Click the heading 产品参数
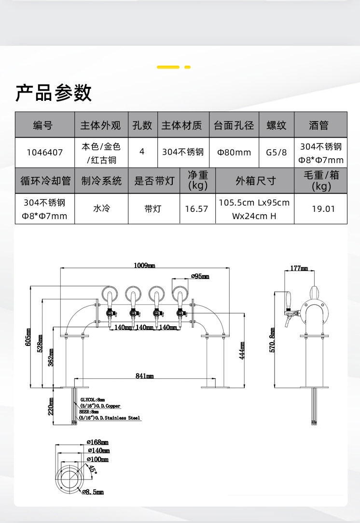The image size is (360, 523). coord(54,92)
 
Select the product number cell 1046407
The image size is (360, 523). coord(45,152)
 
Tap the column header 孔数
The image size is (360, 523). coord(142,125)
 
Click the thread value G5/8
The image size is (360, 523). coord(276,152)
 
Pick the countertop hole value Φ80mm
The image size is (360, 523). coord(234,152)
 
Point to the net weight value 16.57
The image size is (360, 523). coord(196,209)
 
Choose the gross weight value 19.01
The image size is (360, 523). coord(323,209)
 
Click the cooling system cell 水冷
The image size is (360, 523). coord(101,209)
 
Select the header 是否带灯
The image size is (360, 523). coord(154,181)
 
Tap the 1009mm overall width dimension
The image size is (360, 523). coord(144,265)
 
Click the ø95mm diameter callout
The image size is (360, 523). coord(200,276)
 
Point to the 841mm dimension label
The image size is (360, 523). coord(144,376)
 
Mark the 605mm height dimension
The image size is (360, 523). coord(28,337)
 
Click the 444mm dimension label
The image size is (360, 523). coord(242,351)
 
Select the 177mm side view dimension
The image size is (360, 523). coord(299,268)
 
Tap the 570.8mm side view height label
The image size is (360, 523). coord(272,340)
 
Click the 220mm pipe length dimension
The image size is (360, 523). coord(51,406)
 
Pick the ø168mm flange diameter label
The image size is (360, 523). coord(97,442)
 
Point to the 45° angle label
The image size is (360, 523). coord(93,469)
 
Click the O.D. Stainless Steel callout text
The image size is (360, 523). coord(110,418)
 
